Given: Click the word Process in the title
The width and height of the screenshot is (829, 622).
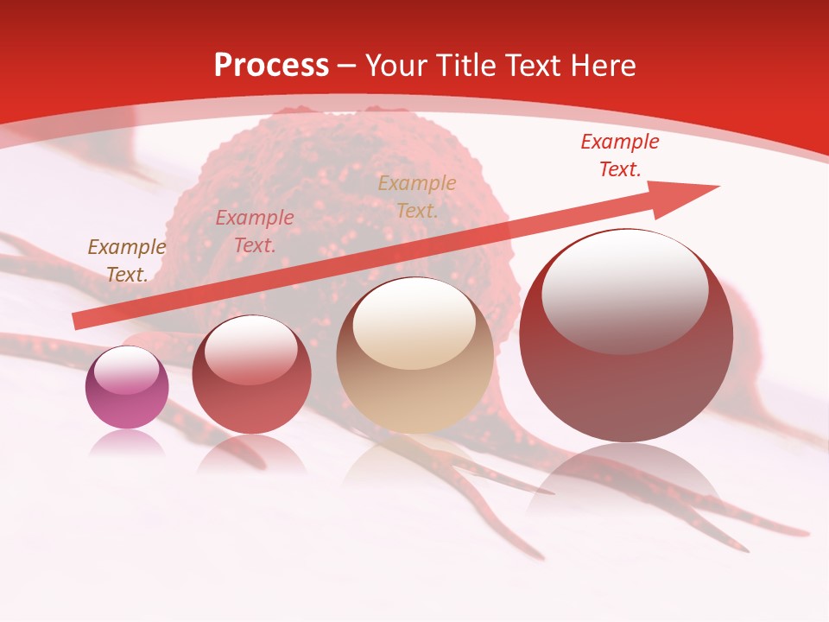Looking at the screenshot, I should (271, 66).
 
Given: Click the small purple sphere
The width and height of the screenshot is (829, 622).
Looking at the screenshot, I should (127, 387).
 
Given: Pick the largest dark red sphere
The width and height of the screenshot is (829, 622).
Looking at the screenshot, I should (626, 337).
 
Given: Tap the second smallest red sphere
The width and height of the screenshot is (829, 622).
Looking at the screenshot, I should (251, 375).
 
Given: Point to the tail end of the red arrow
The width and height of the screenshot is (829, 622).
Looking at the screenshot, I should (78, 321).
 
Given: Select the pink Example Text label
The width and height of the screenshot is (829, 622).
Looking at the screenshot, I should (254, 232).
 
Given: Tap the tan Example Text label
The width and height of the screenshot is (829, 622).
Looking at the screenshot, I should (417, 197).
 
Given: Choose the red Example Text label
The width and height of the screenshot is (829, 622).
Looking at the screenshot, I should (619, 155).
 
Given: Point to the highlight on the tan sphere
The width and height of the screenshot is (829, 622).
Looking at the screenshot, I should (414, 324).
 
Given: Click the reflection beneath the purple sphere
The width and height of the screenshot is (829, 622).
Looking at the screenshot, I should (126, 444).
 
